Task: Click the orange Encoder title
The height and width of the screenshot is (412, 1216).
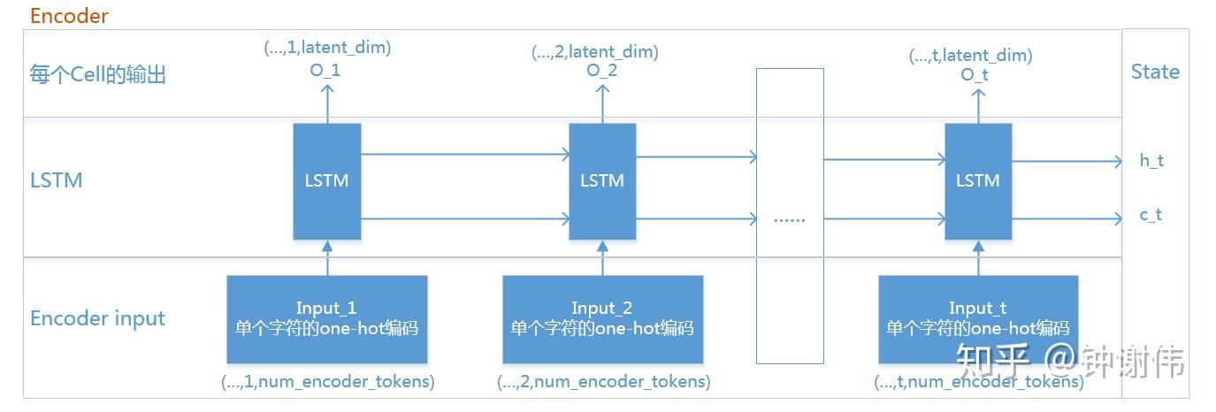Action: click(x=69, y=16)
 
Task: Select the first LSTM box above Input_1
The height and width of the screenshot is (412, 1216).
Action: click(x=327, y=181)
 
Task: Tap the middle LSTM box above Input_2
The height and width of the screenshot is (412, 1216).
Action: click(x=602, y=181)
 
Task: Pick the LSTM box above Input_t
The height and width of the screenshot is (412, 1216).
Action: click(x=978, y=181)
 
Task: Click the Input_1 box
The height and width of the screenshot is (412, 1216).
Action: click(x=327, y=319)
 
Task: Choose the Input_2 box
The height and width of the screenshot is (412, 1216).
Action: click(x=602, y=319)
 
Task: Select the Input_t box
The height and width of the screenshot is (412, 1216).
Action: click(x=978, y=319)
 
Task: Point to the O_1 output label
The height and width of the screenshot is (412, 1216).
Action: click(x=327, y=71)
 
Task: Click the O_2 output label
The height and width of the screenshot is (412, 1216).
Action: click(x=602, y=71)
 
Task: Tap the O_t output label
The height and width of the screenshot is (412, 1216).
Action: click(x=975, y=75)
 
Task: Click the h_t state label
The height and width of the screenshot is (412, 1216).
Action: click(x=1151, y=161)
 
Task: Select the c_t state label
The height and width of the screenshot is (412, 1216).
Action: click(x=1151, y=215)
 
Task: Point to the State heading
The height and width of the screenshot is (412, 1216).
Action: click(x=1155, y=72)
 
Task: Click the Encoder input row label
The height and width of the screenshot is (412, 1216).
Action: click(x=97, y=319)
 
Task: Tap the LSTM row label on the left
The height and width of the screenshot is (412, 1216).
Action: click(x=56, y=180)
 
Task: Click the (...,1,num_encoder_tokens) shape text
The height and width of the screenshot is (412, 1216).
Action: click(x=327, y=382)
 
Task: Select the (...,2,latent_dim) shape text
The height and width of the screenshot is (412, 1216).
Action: click(x=594, y=52)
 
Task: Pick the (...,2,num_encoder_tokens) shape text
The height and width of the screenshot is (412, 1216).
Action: click(x=603, y=382)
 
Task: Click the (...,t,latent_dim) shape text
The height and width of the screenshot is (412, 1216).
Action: click(x=970, y=56)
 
